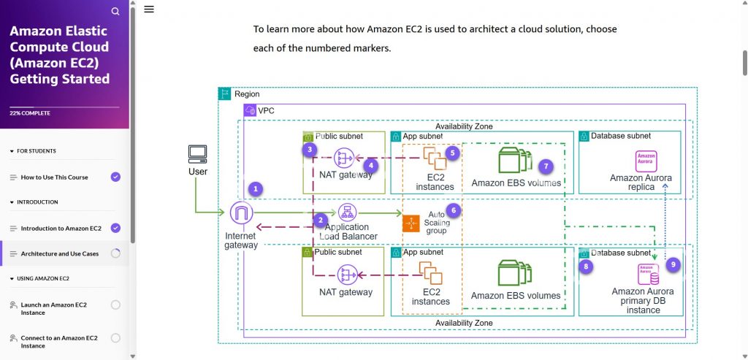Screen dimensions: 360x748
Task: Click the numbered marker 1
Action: point(255,188)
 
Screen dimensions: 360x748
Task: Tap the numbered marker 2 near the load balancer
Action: point(319,220)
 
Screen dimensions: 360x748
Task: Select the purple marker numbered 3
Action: point(310,150)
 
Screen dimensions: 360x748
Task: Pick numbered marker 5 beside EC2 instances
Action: point(453,153)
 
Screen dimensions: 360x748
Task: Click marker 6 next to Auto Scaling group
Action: point(453,210)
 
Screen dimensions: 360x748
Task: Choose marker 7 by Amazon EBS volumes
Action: point(547,166)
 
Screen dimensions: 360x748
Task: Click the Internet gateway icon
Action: point(240,214)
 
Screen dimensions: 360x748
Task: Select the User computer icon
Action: point(197,154)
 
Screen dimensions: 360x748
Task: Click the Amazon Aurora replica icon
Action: point(646,161)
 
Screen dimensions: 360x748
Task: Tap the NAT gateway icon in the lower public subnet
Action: point(346,275)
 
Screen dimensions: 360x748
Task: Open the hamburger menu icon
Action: point(149,9)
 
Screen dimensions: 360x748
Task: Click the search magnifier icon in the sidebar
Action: point(115,12)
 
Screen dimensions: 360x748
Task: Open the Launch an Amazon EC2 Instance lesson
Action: point(53,308)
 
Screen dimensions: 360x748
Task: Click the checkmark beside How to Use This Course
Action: point(115,177)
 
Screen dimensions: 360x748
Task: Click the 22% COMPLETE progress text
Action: point(31,113)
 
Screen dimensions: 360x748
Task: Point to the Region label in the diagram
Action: point(247,94)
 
